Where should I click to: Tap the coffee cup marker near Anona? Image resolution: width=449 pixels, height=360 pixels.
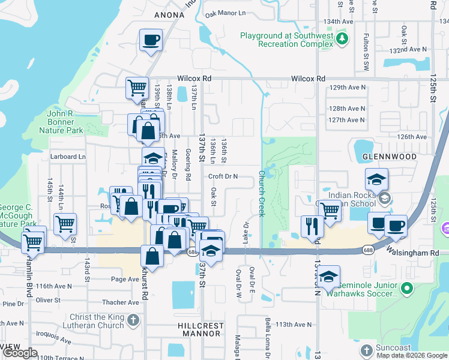coord(151,41)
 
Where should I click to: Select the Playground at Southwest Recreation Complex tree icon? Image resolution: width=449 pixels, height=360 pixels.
coord(342,40)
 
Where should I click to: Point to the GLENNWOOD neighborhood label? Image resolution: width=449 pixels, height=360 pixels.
coord(390,157)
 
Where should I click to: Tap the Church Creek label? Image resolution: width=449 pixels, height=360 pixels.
coord(262,193)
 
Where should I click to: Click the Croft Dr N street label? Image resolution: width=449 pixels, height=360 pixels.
coord(223,176)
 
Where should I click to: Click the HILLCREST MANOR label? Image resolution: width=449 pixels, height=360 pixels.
coord(200,329)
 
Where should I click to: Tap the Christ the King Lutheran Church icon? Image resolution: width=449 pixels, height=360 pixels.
coord(133,321)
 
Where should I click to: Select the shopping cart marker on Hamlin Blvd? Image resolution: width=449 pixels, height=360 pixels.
coord(32,244)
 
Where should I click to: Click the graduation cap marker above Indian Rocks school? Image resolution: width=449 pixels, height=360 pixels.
coord(376,179)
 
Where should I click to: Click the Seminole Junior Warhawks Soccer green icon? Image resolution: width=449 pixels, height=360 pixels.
coord(408,289)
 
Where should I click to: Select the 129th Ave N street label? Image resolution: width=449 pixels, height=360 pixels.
coord(347,88)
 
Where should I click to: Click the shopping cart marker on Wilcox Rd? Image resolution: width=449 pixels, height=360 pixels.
coord(137,88)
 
